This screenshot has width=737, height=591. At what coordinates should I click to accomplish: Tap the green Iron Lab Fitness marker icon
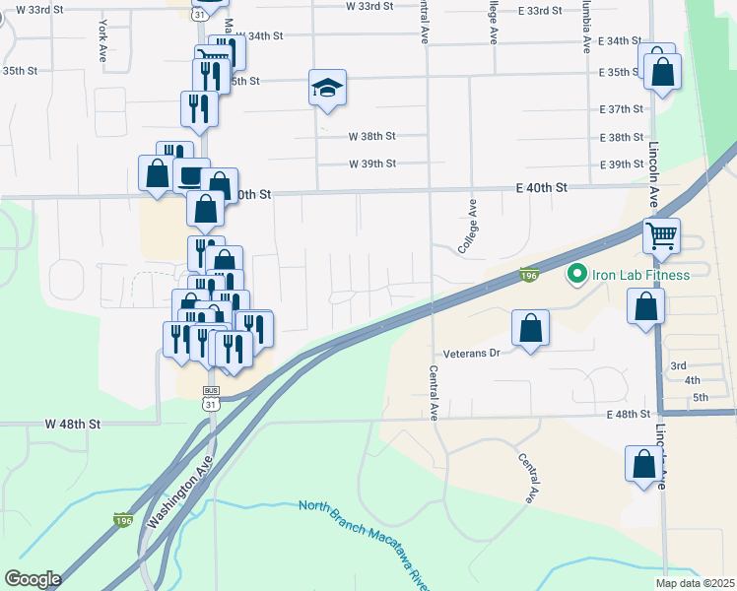pyautogui.click(x=576, y=274)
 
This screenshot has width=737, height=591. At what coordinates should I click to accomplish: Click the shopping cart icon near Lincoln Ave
pyautogui.click(x=661, y=235)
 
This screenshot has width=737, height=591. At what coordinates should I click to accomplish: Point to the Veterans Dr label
pyautogui.click(x=475, y=352)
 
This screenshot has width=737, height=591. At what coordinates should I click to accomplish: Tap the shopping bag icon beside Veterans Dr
pyautogui.click(x=530, y=328)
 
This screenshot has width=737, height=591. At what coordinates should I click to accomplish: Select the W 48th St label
pyautogui.click(x=73, y=424)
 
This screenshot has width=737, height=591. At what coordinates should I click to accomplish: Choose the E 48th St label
pyautogui.click(x=632, y=415)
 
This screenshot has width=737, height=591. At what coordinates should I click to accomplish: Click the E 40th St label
pyautogui.click(x=543, y=187)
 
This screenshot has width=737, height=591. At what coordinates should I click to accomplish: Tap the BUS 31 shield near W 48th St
pyautogui.click(x=211, y=399)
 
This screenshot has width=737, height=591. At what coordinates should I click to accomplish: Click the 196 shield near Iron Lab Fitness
pyautogui.click(x=528, y=280)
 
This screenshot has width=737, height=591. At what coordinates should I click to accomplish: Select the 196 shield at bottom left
pyautogui.click(x=122, y=519)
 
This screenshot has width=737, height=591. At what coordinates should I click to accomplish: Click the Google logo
pyautogui.click(x=32, y=579)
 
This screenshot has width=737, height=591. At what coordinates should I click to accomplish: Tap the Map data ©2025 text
pyautogui.click(x=694, y=583)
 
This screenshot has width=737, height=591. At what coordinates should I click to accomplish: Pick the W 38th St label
pyautogui.click(x=371, y=137)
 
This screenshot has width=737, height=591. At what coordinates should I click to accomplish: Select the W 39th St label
pyautogui.click(x=371, y=164)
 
